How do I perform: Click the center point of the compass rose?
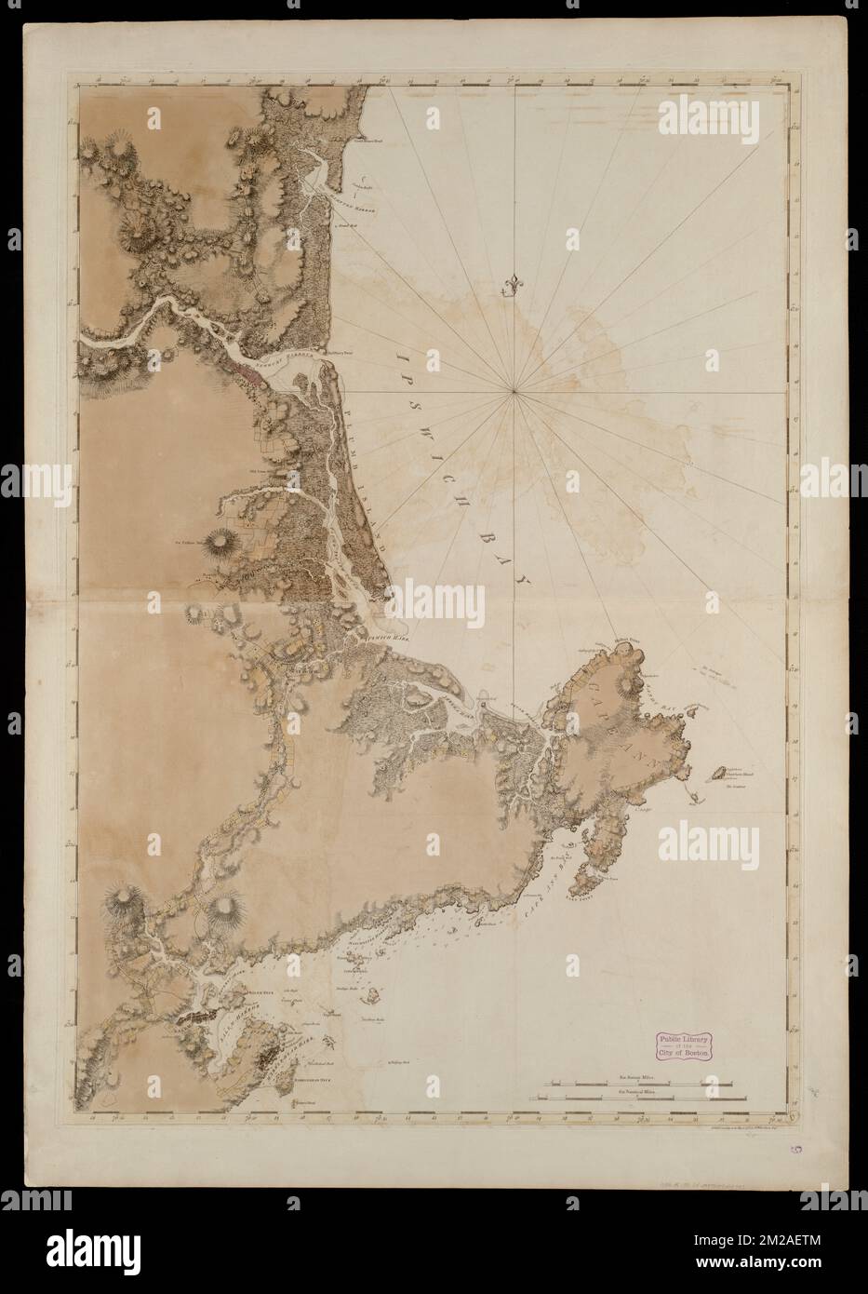[x=514, y=395]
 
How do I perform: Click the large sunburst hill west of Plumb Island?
[x=220, y=540]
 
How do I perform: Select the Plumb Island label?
[x=358, y=473]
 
